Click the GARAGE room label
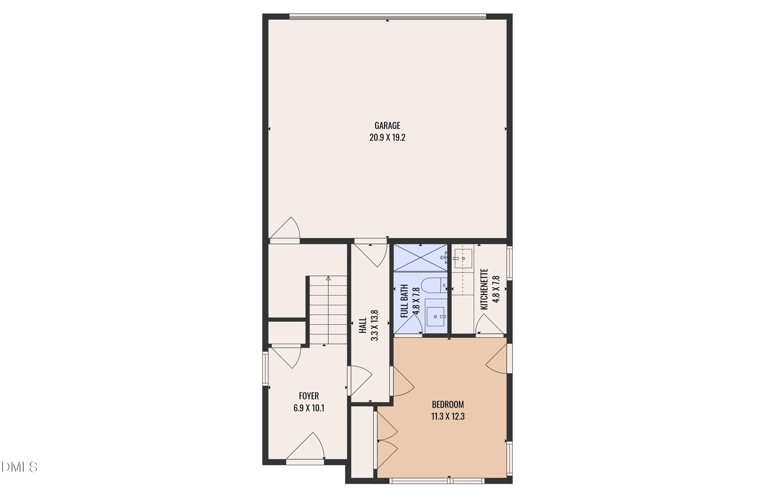(x=387, y=125)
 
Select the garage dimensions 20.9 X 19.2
(x=387, y=137)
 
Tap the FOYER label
(x=309, y=396)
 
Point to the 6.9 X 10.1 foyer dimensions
(x=309, y=408)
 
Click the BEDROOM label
(x=448, y=404)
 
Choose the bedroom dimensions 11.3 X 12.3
(x=448, y=416)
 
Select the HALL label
(x=363, y=325)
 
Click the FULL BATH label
(x=404, y=301)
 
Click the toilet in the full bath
(x=433, y=285)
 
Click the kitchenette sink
(x=463, y=258)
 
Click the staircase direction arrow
(x=328, y=278)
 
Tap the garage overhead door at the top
(x=387, y=17)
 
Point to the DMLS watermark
(x=19, y=467)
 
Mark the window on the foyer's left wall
(x=265, y=368)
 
